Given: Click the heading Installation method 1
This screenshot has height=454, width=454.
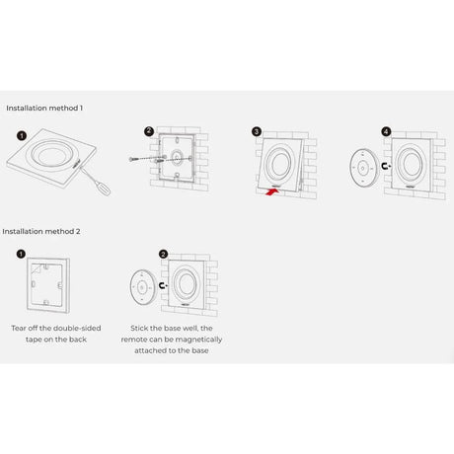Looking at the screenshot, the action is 44,108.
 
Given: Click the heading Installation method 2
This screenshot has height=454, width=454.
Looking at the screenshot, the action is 41,231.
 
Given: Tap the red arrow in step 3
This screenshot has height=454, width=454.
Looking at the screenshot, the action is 272,191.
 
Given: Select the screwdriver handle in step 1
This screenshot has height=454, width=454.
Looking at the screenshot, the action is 104,189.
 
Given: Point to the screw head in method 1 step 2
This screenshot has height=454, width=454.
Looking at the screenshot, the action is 131,159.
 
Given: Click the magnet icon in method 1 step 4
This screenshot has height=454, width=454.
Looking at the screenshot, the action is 386,166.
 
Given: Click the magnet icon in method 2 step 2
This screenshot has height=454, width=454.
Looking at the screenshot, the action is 163,285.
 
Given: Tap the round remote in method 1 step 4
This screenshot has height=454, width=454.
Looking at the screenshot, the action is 363,168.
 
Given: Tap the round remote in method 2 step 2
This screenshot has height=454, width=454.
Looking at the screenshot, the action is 143,286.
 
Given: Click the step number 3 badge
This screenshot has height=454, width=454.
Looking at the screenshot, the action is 257,132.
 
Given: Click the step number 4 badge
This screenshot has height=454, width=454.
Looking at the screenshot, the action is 386,131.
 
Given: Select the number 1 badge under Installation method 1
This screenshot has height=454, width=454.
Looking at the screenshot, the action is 22,135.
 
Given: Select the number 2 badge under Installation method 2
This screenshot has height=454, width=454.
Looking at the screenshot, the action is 163,254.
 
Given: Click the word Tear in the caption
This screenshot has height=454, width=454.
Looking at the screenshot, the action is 19,328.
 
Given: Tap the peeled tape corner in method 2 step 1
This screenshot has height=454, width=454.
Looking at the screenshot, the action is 36,269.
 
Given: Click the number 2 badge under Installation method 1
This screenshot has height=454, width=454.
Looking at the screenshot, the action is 149,131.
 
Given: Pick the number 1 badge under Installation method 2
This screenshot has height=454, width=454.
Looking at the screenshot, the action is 21,254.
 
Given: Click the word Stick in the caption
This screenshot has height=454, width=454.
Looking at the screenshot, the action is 139,328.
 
